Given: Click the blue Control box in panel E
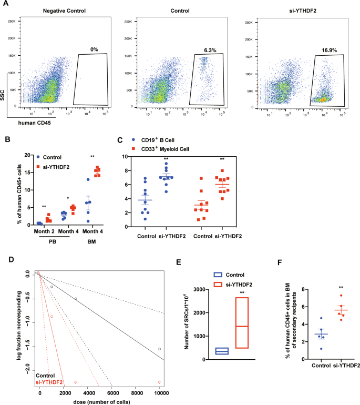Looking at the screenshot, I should pos(207,351).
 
